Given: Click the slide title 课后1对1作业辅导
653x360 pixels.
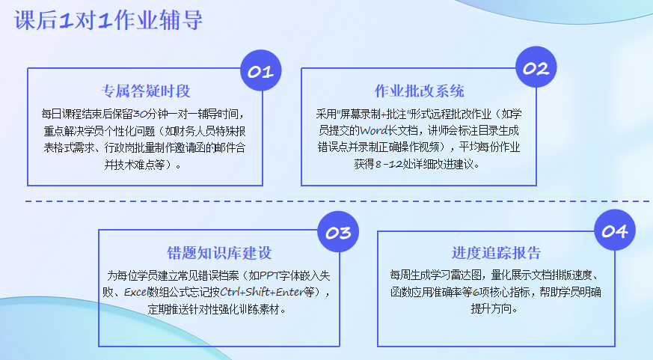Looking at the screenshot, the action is [x=108, y=19].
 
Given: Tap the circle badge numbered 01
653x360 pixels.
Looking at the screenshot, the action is [x=261, y=70].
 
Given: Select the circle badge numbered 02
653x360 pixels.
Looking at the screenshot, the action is [x=536, y=67].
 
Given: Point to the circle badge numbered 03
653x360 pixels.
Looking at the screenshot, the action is [x=338, y=232].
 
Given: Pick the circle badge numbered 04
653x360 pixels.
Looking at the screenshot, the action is [x=615, y=230].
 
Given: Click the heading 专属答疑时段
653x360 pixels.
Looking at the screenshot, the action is [x=145, y=91].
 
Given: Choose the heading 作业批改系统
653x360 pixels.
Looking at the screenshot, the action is [x=419, y=91].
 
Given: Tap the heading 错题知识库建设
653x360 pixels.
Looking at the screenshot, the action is [x=219, y=253].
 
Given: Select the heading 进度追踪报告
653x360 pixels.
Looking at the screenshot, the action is [x=496, y=253].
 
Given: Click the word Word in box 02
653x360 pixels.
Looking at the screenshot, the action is [x=373, y=130].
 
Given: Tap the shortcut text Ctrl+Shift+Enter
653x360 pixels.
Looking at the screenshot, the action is [x=261, y=292].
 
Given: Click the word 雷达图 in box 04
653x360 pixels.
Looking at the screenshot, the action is [x=467, y=275].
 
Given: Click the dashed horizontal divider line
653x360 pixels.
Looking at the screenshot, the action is [x=337, y=201].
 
